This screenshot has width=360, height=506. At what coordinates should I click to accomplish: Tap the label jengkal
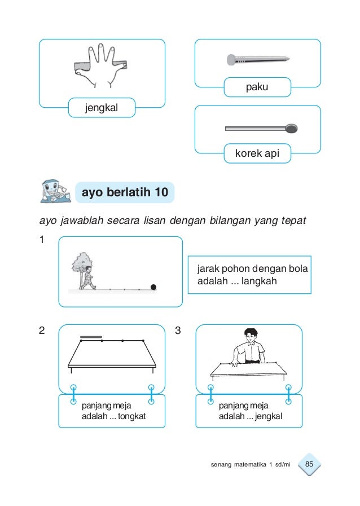coord(102,107)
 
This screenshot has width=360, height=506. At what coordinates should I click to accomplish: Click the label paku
coord(257,87)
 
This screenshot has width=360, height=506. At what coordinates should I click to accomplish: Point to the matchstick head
coord(292,128)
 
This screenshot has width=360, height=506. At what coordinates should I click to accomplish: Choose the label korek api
coord(257,153)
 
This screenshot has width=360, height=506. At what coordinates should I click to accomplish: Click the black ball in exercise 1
coord(153,287)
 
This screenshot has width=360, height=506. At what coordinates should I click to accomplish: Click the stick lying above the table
coord(91,337)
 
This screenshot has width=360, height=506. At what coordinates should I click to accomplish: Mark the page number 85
coord(309,464)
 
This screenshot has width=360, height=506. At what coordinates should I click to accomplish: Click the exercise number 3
coord(178,330)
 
